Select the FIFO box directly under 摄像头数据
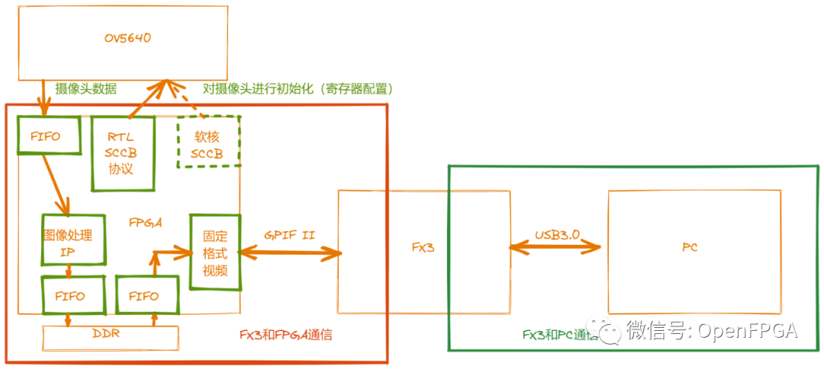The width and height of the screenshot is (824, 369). click(x=47, y=136)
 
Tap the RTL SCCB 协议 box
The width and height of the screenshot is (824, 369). click(x=122, y=152)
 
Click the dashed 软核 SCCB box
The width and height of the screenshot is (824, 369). click(x=208, y=142)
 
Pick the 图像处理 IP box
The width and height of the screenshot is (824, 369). click(x=72, y=239)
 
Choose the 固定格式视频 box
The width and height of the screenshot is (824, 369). click(x=215, y=252)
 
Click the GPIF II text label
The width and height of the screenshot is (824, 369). click(x=289, y=236)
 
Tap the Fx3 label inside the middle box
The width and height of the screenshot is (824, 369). click(x=423, y=248)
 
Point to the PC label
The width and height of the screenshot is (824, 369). click(x=690, y=248)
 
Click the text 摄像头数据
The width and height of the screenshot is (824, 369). click(x=86, y=88)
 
